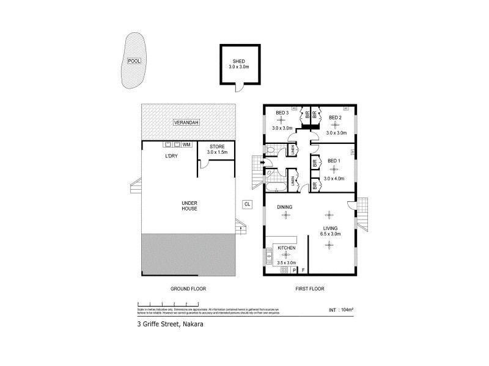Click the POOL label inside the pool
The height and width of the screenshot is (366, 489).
tap(134, 61)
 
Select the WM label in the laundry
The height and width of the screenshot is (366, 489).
tap(186, 145)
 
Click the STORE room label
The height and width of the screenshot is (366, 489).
tap(218, 147)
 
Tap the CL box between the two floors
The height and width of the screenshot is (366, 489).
tap(247, 204)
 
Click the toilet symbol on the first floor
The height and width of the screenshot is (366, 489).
tap(270, 150)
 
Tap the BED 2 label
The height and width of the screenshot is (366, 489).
tap(336, 117)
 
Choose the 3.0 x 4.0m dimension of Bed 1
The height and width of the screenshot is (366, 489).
tap(335, 179)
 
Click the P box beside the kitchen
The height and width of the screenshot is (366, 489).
tap(294, 270)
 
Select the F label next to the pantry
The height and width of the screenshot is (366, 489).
tap(303, 270)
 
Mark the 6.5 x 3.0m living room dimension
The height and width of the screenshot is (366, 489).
tap(331, 234)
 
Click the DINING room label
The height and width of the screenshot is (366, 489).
tap(285, 207)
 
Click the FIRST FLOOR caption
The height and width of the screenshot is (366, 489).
tap(310, 289)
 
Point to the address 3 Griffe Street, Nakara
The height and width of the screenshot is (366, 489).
tap(170, 325)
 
